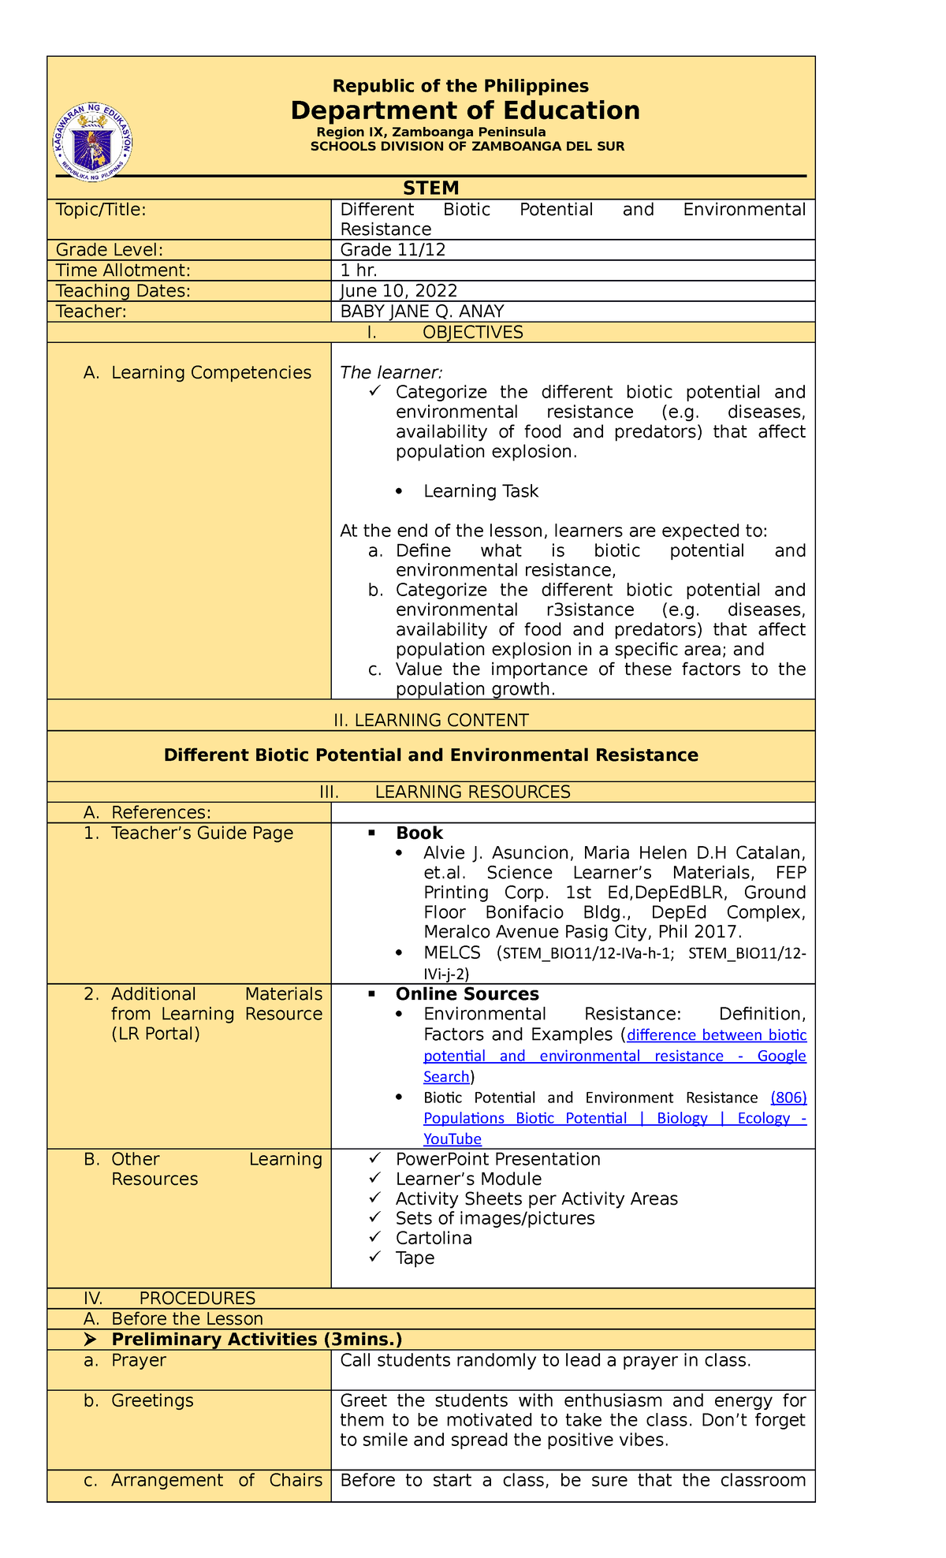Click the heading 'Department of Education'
point(465,110)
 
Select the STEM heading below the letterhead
point(430,188)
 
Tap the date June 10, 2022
point(398,291)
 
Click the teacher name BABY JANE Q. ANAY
point(422,311)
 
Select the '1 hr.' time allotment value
point(359,270)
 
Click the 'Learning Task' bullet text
point(481,491)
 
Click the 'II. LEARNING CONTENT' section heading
point(430,720)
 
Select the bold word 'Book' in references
point(419,833)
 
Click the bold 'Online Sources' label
point(467,994)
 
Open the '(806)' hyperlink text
point(788,1098)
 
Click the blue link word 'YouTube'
point(453,1139)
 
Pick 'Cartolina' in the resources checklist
point(434,1238)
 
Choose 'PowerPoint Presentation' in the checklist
point(497,1159)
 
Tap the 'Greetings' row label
point(152,1400)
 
